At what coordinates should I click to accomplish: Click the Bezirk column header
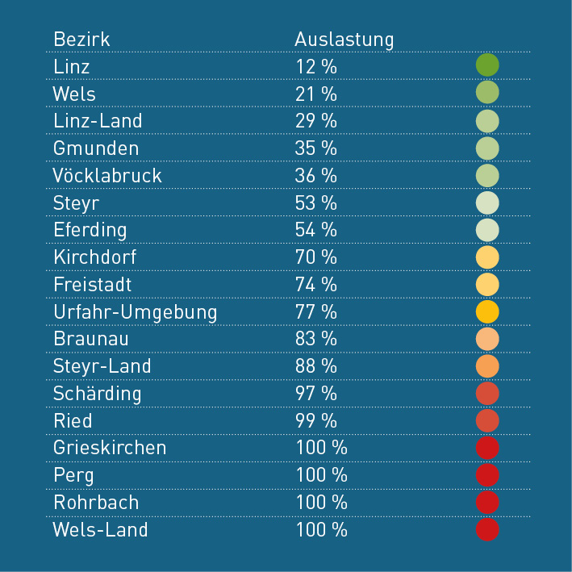[x=81, y=40]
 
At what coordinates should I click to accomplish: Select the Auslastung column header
[x=344, y=40]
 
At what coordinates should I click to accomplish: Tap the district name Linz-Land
[x=98, y=121]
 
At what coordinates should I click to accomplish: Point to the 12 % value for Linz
[x=315, y=67]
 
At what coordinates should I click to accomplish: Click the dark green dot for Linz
[x=487, y=65]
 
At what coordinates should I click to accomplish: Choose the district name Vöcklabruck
[x=107, y=176]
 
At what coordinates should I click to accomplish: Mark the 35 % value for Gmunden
[x=315, y=148]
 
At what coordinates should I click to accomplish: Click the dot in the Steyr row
[x=487, y=202]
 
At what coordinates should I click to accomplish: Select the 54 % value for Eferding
[x=315, y=230]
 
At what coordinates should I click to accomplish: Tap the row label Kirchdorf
[x=95, y=257]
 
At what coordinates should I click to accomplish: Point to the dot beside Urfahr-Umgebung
[x=487, y=311]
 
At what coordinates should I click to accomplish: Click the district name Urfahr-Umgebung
[x=135, y=311]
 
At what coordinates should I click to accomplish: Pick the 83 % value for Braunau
[x=315, y=339]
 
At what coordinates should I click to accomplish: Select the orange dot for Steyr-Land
[x=487, y=366]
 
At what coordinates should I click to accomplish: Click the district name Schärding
[x=97, y=394]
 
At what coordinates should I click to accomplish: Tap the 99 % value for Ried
[x=315, y=421]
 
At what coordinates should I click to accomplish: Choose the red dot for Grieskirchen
[x=487, y=448]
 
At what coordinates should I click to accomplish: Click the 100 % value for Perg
[x=320, y=475]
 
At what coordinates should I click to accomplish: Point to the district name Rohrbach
[x=96, y=503]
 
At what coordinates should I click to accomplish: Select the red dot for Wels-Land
[x=487, y=530]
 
